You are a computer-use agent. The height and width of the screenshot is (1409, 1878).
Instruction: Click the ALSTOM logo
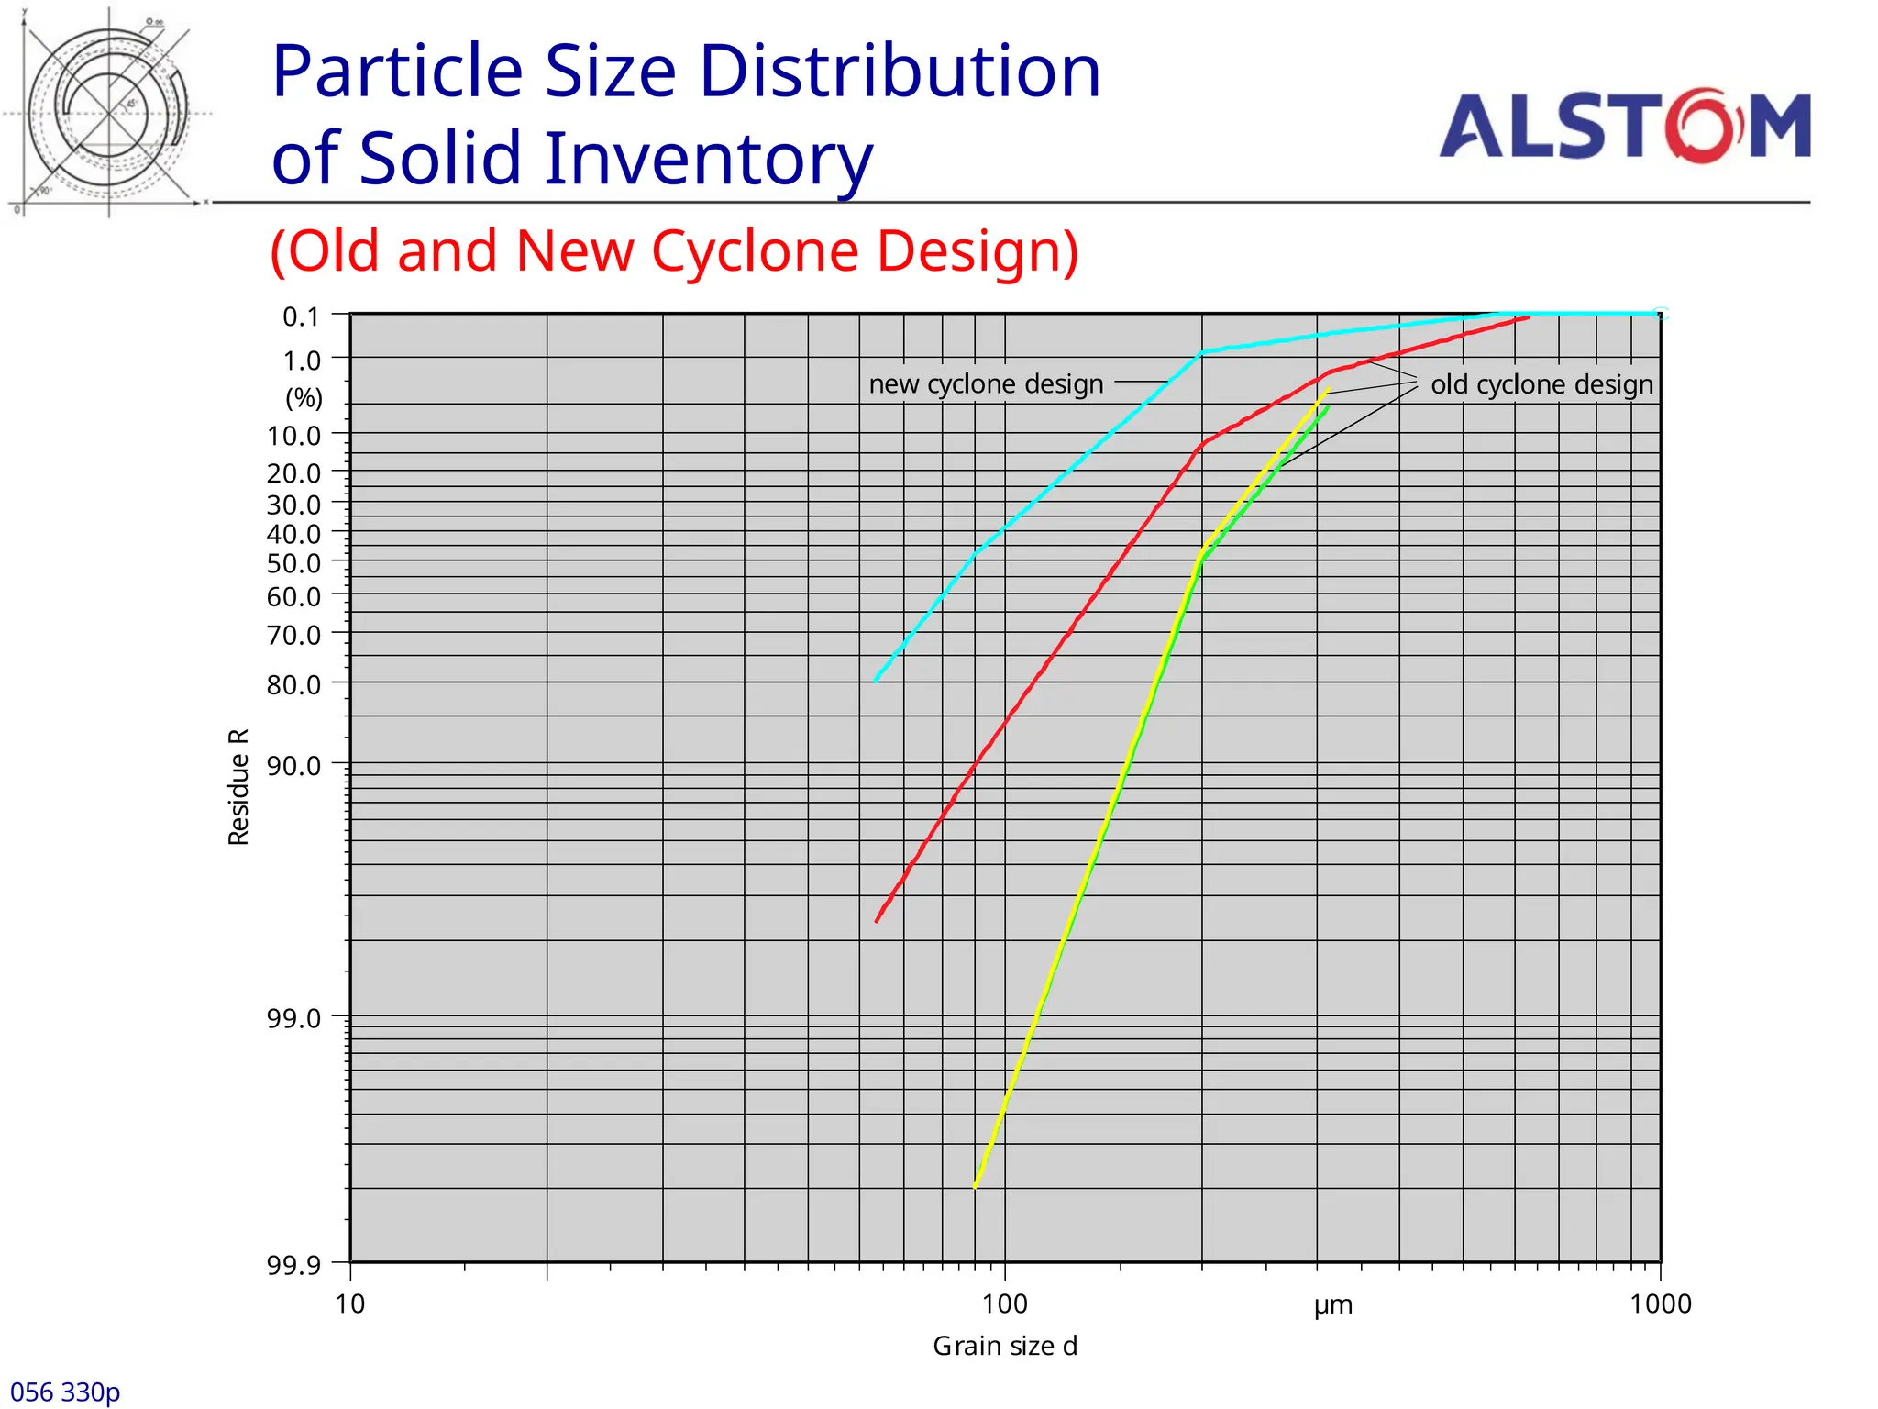point(1624,126)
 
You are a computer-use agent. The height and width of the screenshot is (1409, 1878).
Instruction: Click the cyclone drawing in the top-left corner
point(108,113)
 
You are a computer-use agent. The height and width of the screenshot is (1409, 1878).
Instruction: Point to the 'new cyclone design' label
point(986,383)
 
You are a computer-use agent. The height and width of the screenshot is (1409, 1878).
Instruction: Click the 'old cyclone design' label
point(1541,384)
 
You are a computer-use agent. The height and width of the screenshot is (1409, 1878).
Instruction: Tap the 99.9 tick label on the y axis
point(293,1266)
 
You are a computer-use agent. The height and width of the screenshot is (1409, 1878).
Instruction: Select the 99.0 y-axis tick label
point(293,1018)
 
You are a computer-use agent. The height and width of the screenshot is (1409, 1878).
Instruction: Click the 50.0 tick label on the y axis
point(293,563)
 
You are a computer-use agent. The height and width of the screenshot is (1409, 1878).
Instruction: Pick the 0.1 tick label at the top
point(301,316)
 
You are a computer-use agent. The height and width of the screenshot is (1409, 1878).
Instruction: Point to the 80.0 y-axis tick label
point(293,684)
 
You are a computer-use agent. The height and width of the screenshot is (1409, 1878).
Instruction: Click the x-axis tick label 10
point(350,1304)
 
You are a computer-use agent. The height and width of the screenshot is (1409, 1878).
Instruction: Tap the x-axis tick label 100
point(1005,1304)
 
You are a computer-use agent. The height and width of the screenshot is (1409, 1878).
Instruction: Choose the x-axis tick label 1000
point(1660,1304)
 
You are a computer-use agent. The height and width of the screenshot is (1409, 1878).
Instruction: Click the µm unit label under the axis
point(1332,1305)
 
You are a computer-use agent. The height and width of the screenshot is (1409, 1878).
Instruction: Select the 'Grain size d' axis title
point(1005,1346)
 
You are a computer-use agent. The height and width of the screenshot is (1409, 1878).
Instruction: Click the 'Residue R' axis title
point(238,786)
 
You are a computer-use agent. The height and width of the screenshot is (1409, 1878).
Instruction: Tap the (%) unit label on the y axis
point(304,398)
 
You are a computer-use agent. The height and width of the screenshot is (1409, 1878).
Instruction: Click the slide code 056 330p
point(65,1392)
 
